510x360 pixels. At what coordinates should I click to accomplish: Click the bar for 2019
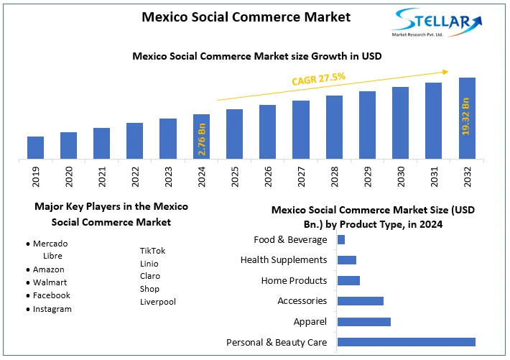[35, 147]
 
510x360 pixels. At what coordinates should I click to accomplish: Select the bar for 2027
[301, 129]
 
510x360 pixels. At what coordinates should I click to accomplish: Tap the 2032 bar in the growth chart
[467, 118]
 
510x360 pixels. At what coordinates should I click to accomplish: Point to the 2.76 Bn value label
[202, 139]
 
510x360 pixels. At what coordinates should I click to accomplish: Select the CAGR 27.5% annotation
[318, 78]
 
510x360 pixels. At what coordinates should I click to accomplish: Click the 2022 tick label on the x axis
[135, 177]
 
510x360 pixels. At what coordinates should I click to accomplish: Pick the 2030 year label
[400, 177]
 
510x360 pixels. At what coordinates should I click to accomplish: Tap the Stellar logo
[434, 24]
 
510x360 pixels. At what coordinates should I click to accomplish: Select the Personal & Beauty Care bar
[406, 342]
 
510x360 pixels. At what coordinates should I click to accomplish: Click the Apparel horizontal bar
[363, 322]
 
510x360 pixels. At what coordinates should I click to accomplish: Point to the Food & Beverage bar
[341, 239]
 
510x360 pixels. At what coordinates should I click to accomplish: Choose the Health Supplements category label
[284, 259]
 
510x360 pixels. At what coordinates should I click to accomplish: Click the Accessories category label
[302, 301]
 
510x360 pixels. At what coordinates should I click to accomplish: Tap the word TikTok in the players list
[152, 251]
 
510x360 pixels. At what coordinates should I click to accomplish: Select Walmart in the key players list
[50, 282]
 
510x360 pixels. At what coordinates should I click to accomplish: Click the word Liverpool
[158, 302]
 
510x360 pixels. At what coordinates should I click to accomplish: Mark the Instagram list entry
[52, 309]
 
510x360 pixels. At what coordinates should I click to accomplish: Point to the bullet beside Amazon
[27, 270]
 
